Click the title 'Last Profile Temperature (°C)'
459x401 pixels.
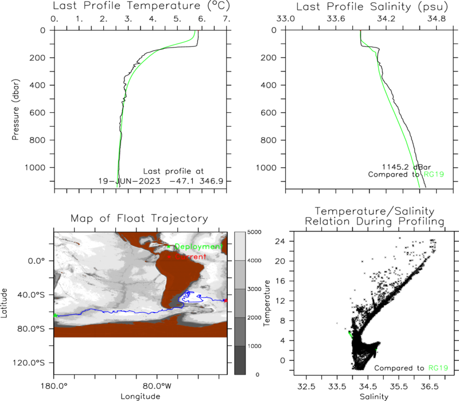coord(141,6)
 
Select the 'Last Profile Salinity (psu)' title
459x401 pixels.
coord(372,6)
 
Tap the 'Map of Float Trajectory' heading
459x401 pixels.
coord(139,218)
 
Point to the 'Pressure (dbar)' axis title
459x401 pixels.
coord(15,109)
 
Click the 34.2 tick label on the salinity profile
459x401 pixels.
coord(386,19)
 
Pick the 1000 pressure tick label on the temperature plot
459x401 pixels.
coord(35,167)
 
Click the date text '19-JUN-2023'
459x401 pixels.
coord(129,181)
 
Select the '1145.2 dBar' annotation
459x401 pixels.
coord(406,167)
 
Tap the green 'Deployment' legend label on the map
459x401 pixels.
coord(199,247)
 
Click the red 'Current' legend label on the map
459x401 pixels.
coord(190,257)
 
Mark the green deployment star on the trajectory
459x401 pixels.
coord(55,316)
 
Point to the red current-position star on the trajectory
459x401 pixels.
coord(225,300)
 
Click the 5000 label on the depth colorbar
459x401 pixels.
coord(254,232)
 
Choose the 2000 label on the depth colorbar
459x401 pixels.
coord(254,317)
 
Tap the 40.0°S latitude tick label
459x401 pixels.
coord(31,294)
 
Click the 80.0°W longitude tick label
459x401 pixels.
coord(157,386)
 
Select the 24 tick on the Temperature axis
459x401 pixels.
coord(280,241)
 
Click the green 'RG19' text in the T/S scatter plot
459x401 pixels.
coord(438,368)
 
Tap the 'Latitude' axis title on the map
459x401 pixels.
coord(4,303)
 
